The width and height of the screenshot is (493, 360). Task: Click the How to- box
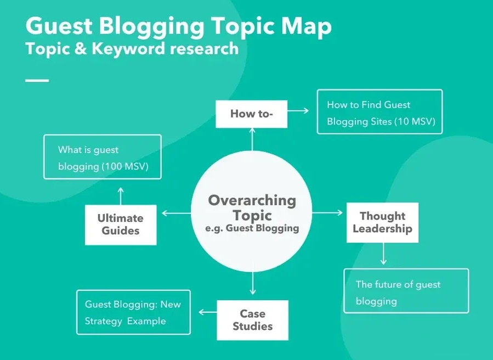pos(252,114)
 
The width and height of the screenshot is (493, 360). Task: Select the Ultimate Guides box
pos(121,224)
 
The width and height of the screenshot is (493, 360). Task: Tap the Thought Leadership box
pos(382,222)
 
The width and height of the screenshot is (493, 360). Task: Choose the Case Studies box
pos(252,320)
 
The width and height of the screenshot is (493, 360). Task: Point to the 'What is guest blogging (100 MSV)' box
pos(103,157)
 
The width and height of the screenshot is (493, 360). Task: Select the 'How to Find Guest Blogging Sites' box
pos(379,112)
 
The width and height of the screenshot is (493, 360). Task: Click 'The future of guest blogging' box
pos(406,291)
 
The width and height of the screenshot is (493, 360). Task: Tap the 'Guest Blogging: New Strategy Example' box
pos(133,312)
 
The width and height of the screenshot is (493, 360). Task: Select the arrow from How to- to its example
pos(299,111)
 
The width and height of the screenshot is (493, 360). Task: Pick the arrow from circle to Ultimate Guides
pos(177,213)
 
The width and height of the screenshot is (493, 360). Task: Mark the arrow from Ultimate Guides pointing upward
pos(121,195)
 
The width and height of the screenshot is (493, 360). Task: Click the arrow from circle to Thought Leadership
pos(327,213)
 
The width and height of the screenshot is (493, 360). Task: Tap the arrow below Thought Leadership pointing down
pos(383,254)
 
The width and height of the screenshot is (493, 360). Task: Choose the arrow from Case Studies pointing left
pos(207,312)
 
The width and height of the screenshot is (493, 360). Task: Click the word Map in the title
pos(307,26)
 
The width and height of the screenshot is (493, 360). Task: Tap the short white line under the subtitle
pos(37,80)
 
